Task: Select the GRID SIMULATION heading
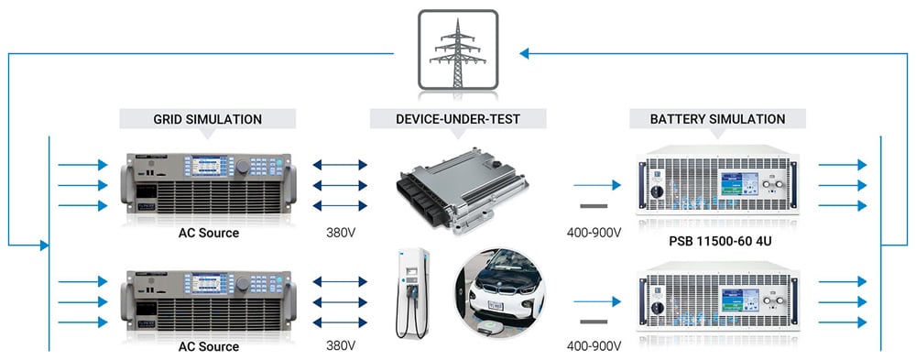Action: pyautogui.click(x=207, y=120)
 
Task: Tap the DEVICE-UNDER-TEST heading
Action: pyautogui.click(x=458, y=120)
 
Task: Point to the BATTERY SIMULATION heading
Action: pyautogui.click(x=717, y=120)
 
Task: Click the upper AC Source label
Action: pyautogui.click(x=209, y=233)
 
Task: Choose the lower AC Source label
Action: pyautogui.click(x=209, y=346)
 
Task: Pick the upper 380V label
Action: pyautogui.click(x=341, y=233)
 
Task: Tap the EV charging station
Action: pyautogui.click(x=412, y=293)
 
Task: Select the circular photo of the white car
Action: pyautogui.click(x=500, y=295)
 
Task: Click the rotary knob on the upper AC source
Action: pyautogui.click(x=242, y=167)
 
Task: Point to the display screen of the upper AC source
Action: pyautogui.click(x=208, y=166)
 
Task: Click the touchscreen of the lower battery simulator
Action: pyautogui.click(x=740, y=299)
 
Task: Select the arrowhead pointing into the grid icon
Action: pyautogui.click(x=524, y=54)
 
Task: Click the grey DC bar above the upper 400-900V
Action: pyautogui.click(x=594, y=206)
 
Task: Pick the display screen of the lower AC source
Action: pyautogui.click(x=208, y=282)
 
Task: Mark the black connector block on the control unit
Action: pyautogui.click(x=418, y=198)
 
